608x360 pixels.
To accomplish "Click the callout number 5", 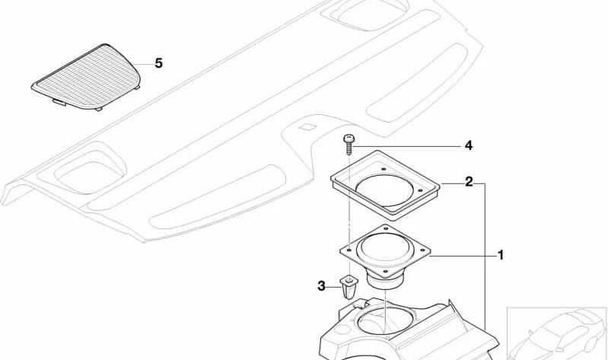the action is tap(158, 63).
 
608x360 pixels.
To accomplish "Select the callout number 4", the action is tap(469, 146).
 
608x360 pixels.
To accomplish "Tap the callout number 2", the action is tap(469, 181).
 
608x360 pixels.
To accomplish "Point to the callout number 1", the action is tap(501, 255).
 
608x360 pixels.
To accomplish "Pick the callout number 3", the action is tap(321, 286).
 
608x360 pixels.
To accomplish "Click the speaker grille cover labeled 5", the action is tap(87, 77).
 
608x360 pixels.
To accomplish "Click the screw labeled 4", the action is tap(349, 144).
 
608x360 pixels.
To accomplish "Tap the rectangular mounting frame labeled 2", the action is tap(385, 185).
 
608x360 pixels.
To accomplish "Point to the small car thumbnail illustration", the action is tap(557, 333).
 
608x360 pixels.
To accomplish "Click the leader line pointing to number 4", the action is tap(407, 146).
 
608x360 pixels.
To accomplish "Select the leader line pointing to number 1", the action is tap(462, 256).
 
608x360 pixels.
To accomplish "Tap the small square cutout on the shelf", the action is tap(307, 126).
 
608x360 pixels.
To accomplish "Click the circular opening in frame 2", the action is tap(385, 190).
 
